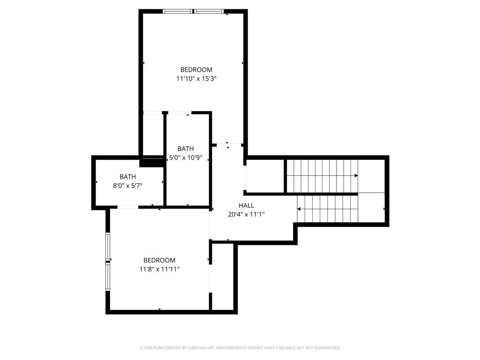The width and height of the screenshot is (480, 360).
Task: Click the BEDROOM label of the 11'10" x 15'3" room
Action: (x=196, y=70)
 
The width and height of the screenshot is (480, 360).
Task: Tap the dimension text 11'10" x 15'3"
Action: (x=196, y=79)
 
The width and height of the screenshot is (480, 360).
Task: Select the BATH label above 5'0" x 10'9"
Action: (x=186, y=149)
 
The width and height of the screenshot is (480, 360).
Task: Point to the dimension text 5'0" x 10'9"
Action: (x=186, y=157)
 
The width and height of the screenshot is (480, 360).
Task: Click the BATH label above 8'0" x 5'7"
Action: (x=127, y=177)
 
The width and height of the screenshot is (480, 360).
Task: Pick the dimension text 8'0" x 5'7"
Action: (x=127, y=186)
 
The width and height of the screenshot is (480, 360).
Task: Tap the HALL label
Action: (x=246, y=205)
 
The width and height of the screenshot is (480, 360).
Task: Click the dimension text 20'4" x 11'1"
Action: (x=246, y=214)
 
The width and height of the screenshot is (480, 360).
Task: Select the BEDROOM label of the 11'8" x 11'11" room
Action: (x=159, y=260)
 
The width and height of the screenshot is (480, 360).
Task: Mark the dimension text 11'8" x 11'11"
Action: (x=159, y=269)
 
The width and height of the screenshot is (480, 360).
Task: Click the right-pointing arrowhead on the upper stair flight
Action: (x=356, y=176)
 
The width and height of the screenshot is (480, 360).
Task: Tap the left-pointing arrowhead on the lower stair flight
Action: (x=299, y=209)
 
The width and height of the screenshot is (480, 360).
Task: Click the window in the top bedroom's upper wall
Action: (x=193, y=11)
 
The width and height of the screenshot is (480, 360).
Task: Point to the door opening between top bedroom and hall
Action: (x=227, y=144)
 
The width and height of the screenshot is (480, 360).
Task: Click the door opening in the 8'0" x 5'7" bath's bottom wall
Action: (x=127, y=207)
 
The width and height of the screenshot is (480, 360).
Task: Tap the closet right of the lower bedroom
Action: (x=223, y=277)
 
